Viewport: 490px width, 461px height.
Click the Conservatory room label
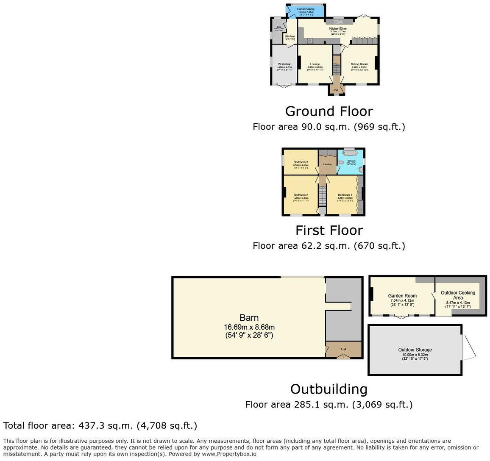306,9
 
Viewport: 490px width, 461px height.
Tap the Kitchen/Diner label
338,28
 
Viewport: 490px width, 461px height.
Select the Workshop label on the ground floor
284,64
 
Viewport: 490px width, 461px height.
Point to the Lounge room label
315,64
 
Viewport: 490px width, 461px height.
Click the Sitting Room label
359,64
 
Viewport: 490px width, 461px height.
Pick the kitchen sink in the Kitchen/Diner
339,22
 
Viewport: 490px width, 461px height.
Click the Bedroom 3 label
301,162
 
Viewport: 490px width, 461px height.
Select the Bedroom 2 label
301,195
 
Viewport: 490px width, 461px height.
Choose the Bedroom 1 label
345,195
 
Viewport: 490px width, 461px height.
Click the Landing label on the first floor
327,164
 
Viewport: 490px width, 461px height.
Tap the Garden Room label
402,296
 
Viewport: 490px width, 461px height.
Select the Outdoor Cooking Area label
458,295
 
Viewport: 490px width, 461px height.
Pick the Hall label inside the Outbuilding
343,349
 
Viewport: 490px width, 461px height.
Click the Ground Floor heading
329,111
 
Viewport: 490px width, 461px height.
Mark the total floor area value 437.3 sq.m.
111,425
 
